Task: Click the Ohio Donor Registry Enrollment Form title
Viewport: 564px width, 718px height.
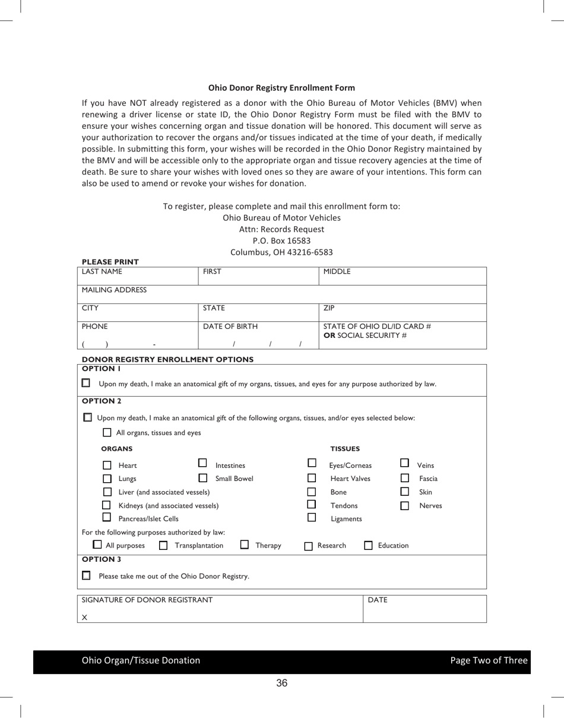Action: point(281,88)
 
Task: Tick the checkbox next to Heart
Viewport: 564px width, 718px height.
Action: point(107,466)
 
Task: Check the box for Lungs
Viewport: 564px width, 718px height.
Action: point(107,479)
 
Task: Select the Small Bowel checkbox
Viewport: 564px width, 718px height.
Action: point(203,477)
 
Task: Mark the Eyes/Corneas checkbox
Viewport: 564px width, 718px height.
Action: point(312,463)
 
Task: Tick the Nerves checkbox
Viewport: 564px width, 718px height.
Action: point(405,506)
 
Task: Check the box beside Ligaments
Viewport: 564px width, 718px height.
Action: point(312,517)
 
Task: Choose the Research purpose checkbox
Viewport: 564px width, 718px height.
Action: point(308,546)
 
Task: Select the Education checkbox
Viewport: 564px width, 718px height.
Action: point(368,546)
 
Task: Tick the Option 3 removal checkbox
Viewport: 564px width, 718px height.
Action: point(87,575)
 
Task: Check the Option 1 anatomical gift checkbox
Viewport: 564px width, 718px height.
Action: point(86,383)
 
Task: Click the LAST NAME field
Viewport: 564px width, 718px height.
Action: point(137,277)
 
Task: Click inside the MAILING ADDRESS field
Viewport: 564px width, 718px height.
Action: point(281,295)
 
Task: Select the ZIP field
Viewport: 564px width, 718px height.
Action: point(403,313)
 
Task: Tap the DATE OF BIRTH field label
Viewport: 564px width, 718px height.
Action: point(230,327)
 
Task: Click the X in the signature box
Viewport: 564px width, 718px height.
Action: point(84,618)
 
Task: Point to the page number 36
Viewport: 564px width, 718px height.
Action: point(281,683)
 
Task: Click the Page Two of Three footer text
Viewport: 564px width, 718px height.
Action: point(488,660)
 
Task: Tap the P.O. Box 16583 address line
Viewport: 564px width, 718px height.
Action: point(281,241)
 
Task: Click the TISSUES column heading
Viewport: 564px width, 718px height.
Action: point(345,449)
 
